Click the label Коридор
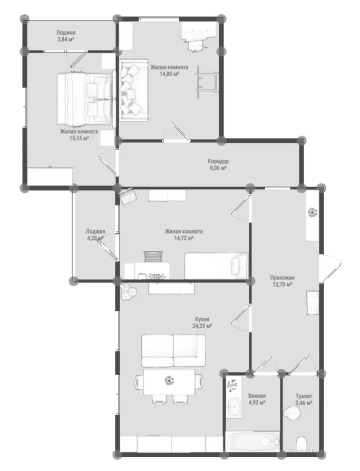(218, 161)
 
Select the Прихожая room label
(282, 278)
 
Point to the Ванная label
(257, 396)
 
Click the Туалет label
(304, 396)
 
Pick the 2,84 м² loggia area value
(66, 39)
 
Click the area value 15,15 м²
(79, 138)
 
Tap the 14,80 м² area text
(169, 74)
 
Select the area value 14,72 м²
(183, 238)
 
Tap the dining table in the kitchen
(169, 382)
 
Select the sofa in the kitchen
(173, 350)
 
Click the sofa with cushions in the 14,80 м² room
(134, 90)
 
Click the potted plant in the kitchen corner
(129, 291)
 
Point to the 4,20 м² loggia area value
(95, 238)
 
